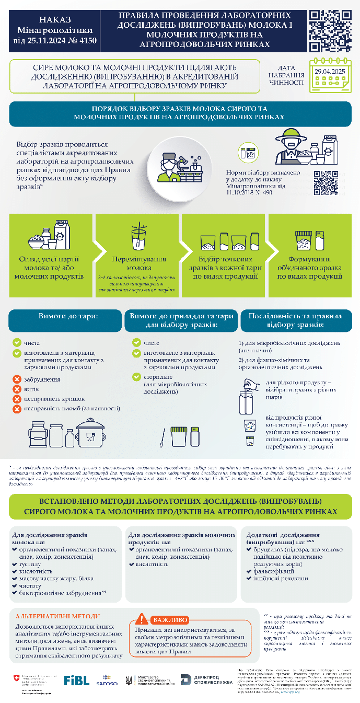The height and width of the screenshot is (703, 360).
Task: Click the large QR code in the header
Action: click(x=330, y=31)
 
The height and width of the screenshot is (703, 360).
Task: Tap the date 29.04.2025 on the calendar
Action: click(x=329, y=71)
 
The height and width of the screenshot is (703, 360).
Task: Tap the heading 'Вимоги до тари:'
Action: click(x=65, y=317)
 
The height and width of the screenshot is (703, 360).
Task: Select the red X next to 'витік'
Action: click(x=17, y=389)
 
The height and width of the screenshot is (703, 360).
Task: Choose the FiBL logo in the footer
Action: click(x=76, y=680)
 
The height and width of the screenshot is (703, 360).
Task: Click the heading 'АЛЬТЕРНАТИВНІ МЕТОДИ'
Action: click(x=57, y=617)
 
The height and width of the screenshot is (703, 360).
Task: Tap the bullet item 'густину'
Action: click(x=30, y=564)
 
